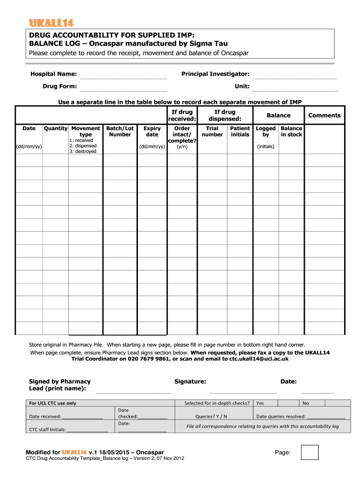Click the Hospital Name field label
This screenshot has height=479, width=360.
point(54,74)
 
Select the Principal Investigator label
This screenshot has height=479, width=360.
point(215,74)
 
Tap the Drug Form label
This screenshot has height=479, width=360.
point(60,86)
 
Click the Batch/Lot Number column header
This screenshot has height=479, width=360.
point(120,131)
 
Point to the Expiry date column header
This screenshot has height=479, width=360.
point(152,131)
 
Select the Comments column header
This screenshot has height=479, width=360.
point(324,116)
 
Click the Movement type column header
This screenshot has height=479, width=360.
point(86,131)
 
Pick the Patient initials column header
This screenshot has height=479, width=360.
point(240,131)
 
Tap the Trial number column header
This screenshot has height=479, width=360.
point(212,131)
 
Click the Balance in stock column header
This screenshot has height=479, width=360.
point(291,131)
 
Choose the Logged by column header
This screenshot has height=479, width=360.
point(266,131)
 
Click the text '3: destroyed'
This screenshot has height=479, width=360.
point(83,152)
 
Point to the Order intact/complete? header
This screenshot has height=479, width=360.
point(182,134)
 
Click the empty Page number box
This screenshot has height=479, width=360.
point(310,452)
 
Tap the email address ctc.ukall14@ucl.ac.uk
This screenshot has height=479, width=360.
point(259,359)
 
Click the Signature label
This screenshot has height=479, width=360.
point(190,381)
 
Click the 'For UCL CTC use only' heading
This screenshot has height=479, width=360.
point(53,403)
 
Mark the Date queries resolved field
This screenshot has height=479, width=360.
point(300,416)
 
